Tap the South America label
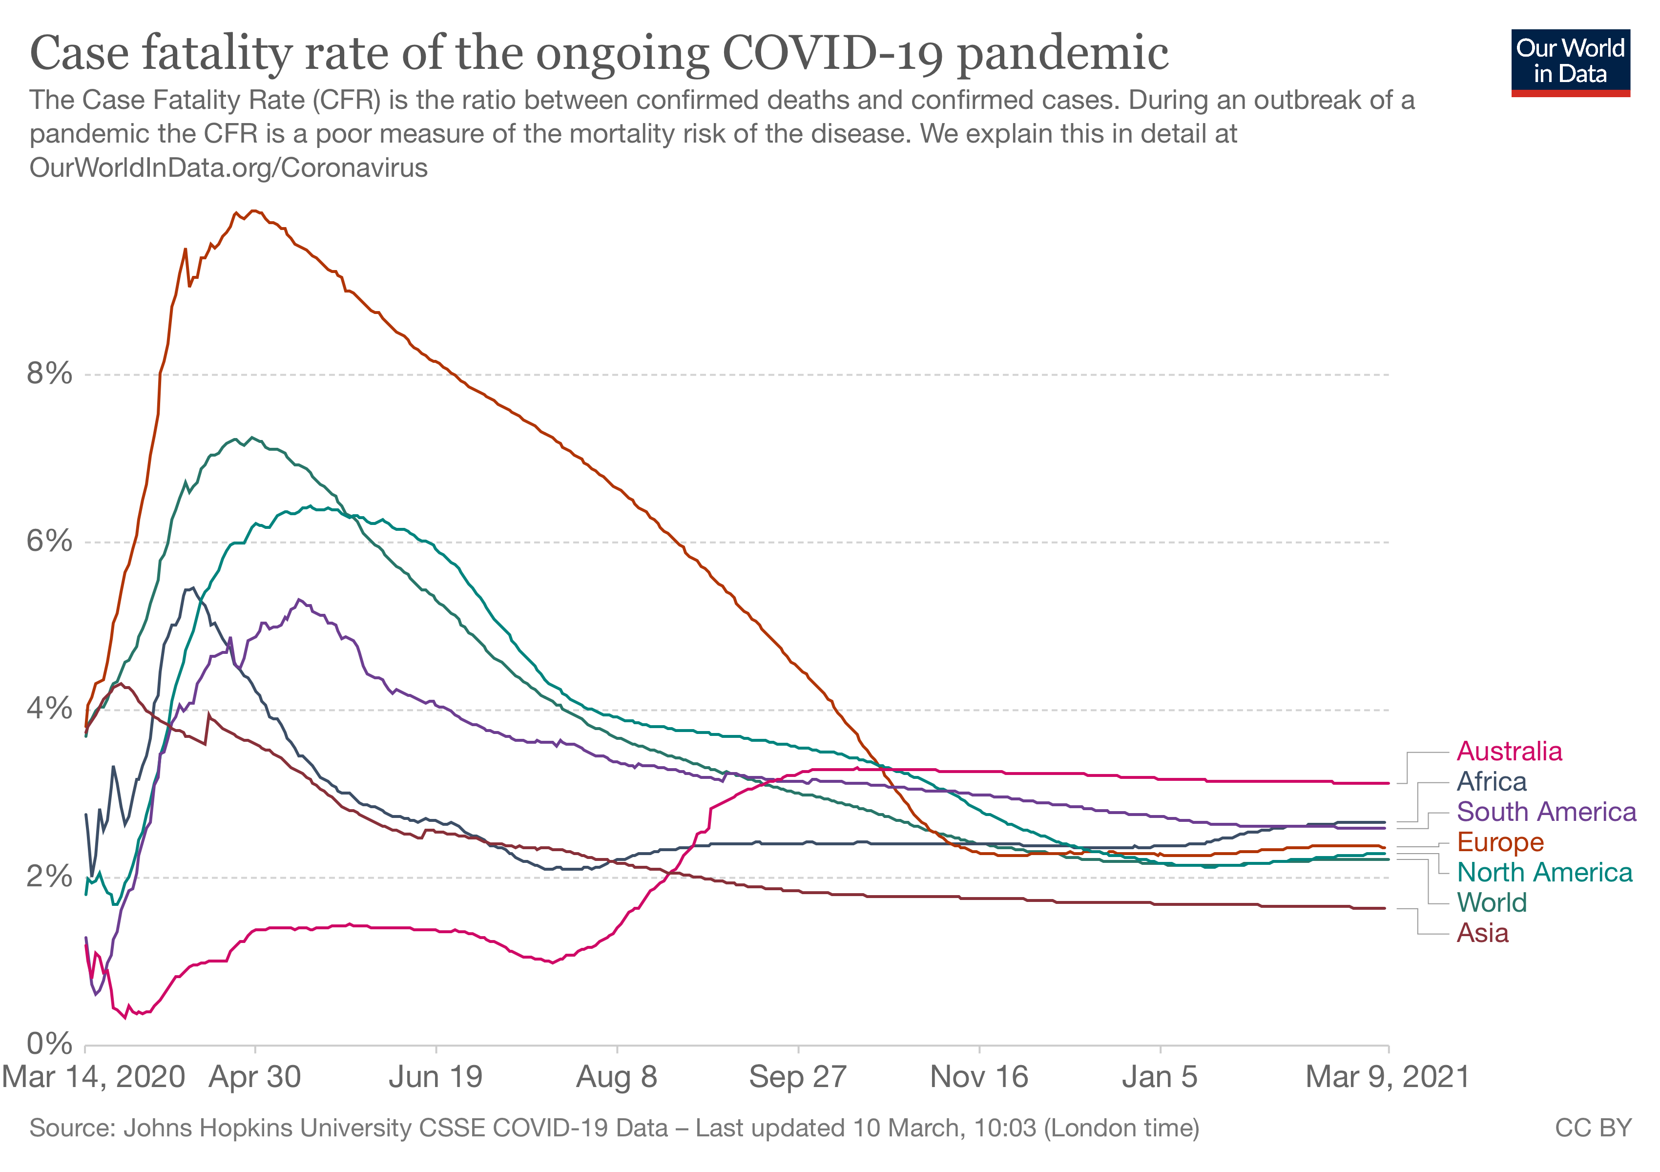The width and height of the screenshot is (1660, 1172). coord(1546,812)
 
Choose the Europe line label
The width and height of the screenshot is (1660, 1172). coord(1500,842)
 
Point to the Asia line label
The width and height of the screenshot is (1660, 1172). coord(1482,933)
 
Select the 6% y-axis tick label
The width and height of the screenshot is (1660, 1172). coord(49,542)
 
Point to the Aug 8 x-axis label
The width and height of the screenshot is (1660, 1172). coord(617,1077)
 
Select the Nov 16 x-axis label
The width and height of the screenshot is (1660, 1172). coord(979,1077)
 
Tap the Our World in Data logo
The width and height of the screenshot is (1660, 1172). coord(1570,62)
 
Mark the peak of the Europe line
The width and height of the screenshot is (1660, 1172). coord(253,211)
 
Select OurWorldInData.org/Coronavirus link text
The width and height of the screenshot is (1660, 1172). coord(228,167)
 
